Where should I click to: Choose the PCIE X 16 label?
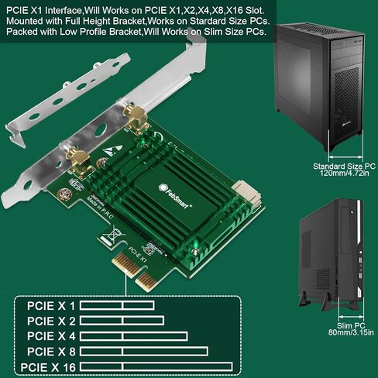(49, 366)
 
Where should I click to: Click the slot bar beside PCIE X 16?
(155, 366)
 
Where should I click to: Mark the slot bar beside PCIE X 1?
(115, 305)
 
